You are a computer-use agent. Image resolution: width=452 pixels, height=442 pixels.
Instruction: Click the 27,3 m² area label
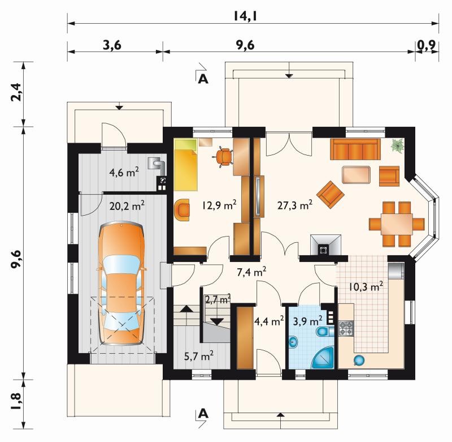tap(295, 205)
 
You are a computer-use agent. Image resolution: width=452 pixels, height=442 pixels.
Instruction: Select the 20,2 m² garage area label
tap(127, 205)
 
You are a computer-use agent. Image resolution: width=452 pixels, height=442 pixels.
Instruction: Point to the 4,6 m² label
tap(124, 172)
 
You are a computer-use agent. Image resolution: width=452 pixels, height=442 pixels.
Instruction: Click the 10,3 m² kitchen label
tap(366, 286)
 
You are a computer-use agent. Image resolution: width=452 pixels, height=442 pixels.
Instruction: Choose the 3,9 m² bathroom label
tap(307, 321)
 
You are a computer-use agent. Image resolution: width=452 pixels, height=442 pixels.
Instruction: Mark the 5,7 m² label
tap(199, 355)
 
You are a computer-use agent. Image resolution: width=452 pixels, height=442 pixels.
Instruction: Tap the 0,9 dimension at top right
tap(427, 45)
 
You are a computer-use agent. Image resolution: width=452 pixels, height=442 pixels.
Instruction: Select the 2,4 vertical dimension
tap(16, 92)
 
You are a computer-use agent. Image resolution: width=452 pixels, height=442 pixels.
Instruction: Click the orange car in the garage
tap(121, 283)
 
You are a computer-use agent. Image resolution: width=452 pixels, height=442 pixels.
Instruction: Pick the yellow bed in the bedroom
tap(186, 164)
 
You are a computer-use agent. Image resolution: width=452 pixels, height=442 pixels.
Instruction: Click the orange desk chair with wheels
tap(223, 157)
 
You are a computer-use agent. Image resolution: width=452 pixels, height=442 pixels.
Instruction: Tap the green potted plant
tap(398, 145)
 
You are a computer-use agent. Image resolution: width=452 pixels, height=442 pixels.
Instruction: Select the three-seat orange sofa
tap(355, 149)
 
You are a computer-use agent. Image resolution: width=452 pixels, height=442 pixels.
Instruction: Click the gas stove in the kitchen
tap(346, 328)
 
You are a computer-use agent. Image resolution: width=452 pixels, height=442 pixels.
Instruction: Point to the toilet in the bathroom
tap(324, 332)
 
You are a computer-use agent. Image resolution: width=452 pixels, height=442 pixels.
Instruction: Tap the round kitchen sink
tap(359, 360)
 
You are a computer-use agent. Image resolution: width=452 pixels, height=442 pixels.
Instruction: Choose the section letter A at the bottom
tap(203, 414)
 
